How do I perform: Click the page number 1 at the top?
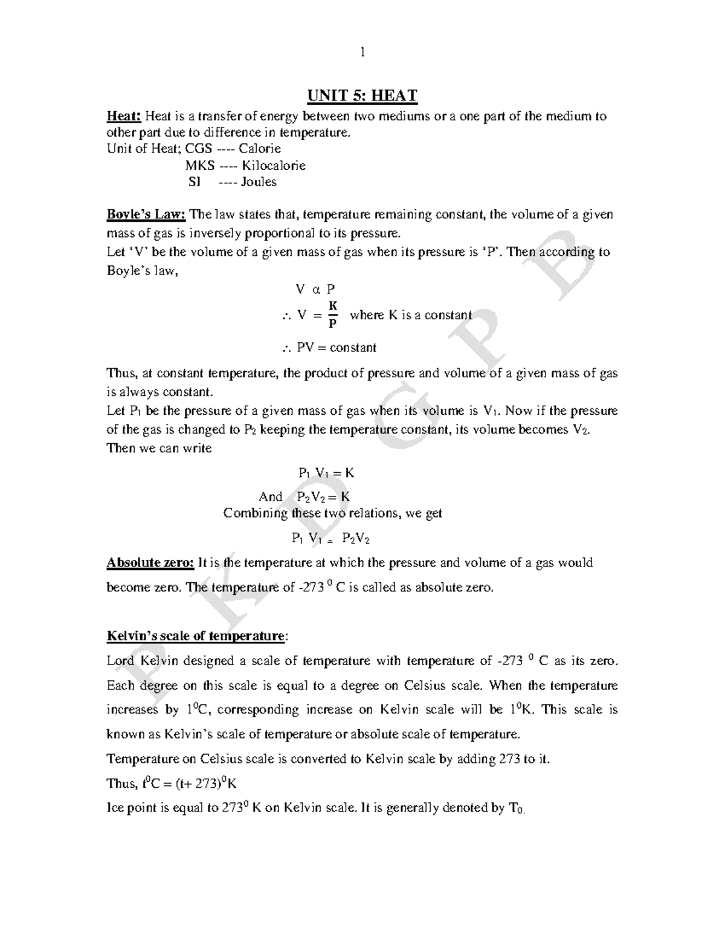pos(362,53)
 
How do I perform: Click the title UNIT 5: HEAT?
pos(362,96)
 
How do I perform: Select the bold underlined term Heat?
pos(124,116)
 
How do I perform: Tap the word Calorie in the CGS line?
pos(260,149)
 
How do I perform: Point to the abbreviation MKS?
pos(199,166)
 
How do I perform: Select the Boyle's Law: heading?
pos(146,215)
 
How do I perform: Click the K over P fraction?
pos(332,315)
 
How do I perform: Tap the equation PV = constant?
pos(336,348)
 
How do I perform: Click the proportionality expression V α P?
pos(314,290)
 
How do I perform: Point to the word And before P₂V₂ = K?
pos(270,497)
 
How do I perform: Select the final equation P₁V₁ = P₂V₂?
pos(330,538)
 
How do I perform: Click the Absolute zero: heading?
pos(150,563)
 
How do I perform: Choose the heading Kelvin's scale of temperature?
pos(196,636)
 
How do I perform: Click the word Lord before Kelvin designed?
pos(120,661)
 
